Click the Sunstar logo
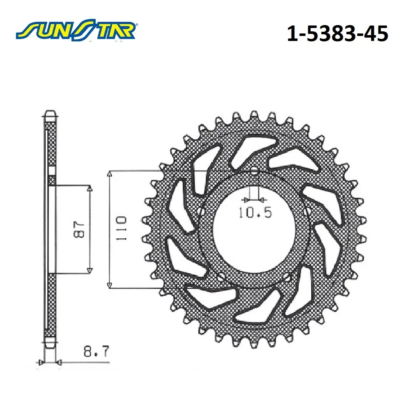[76, 30]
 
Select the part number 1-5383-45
[337, 34]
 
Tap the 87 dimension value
[79, 229]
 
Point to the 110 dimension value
[121, 229]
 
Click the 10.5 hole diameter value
[255, 212]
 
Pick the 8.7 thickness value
[96, 352]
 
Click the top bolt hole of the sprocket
[254, 171]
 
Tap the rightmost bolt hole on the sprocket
[307, 211]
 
